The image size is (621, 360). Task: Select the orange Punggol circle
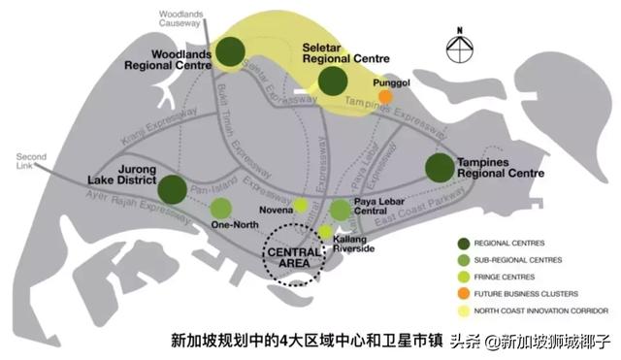click(x=385, y=96)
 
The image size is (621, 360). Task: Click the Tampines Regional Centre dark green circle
click(x=439, y=167)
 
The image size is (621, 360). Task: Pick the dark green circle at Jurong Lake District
click(x=173, y=189)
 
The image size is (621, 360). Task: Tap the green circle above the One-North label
click(x=221, y=208)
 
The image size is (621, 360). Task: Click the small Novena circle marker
click(x=302, y=205)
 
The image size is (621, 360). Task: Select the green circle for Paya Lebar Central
click(x=340, y=210)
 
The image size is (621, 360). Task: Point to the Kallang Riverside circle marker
click(x=325, y=231)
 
